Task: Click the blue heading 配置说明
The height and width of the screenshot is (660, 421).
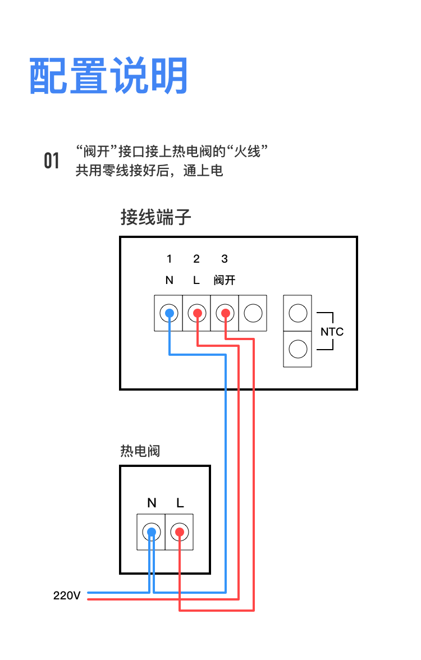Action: [x=108, y=76]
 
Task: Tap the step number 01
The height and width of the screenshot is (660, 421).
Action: [x=52, y=161]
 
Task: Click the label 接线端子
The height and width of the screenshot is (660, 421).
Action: [x=155, y=217]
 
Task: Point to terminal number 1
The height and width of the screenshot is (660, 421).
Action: [x=169, y=259]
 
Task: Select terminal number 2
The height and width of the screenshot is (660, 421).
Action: [x=196, y=259]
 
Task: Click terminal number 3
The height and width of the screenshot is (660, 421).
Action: [x=225, y=259]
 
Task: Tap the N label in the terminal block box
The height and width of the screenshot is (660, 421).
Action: [x=169, y=280]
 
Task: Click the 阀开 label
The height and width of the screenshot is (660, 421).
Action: [x=225, y=280]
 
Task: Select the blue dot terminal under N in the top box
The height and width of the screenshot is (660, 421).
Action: [x=169, y=313]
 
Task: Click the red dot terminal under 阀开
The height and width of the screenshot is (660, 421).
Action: [x=225, y=313]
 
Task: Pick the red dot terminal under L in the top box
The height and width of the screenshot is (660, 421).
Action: [x=197, y=313]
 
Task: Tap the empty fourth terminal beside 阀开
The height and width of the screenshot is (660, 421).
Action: [x=253, y=313]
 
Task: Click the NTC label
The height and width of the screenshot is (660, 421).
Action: [x=332, y=332]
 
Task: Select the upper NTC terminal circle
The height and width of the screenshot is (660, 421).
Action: [x=298, y=313]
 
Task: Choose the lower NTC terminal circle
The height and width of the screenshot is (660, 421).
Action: [x=298, y=349]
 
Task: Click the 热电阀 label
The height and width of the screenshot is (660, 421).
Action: [x=140, y=451]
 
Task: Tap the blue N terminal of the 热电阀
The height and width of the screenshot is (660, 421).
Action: [x=151, y=531]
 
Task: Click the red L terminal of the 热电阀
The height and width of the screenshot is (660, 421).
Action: [x=179, y=531]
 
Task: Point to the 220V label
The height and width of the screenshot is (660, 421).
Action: [x=67, y=595]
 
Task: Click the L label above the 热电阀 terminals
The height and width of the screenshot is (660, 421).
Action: [x=180, y=503]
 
